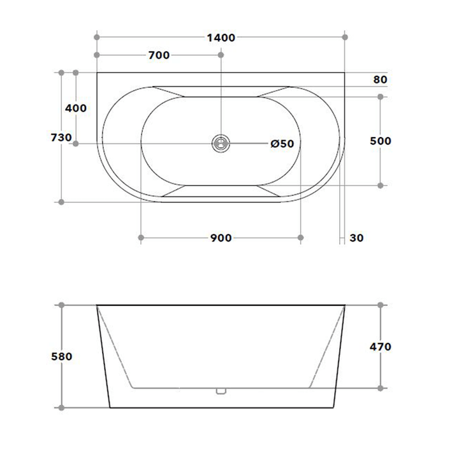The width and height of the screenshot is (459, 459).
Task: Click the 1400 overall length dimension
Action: [221, 38]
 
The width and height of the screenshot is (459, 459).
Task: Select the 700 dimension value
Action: [159, 55]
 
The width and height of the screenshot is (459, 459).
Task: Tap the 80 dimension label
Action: [380, 80]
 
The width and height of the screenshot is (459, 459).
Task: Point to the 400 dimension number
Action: [76, 108]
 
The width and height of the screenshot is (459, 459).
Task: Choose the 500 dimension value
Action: [381, 141]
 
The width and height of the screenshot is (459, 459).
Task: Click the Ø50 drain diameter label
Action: [282, 144]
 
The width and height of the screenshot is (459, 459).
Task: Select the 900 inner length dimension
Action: [220, 238]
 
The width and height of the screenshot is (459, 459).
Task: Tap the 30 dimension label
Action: [357, 238]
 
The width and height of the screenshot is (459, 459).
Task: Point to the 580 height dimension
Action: [62, 356]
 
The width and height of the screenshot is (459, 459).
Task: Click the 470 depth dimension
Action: [381, 347]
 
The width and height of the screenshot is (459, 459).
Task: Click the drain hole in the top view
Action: [221, 143]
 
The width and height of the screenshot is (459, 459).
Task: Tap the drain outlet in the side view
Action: [221, 391]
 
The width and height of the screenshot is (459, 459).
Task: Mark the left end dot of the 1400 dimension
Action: [97, 38]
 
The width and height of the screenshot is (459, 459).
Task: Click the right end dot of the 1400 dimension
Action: [345, 38]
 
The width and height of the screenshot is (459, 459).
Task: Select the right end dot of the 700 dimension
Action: [221, 55]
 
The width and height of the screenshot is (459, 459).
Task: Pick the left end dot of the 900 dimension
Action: [140, 238]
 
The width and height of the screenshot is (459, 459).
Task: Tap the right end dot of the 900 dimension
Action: [300, 238]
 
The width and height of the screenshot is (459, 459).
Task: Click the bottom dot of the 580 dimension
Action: [62, 407]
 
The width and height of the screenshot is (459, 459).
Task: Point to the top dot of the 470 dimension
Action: [381, 305]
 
